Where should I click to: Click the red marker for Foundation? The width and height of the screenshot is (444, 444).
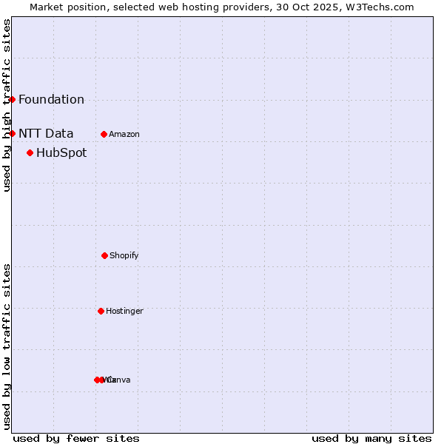click(12, 99)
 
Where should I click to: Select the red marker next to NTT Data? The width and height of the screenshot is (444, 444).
click(12, 133)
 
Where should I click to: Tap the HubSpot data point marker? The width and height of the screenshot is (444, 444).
click(30, 152)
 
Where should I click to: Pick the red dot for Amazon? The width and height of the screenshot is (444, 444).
click(104, 134)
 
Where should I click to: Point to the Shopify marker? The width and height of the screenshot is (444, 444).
click(104, 255)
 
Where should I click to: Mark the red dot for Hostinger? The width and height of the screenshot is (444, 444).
click(101, 311)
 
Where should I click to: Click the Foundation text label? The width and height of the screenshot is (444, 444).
click(51, 100)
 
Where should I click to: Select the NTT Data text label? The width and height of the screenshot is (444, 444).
click(46, 134)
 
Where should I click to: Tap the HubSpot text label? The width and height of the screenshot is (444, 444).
click(61, 153)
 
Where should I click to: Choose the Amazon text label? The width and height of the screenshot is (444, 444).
click(124, 135)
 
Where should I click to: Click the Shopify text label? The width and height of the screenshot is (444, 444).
click(124, 256)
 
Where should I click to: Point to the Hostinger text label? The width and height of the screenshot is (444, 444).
click(124, 312)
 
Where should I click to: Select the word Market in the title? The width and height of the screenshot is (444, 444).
click(47, 7)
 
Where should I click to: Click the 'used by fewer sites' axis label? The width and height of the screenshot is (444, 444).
click(76, 438)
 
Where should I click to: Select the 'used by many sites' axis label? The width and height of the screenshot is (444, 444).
click(371, 438)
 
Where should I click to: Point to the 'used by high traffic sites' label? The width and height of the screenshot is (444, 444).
click(7, 105)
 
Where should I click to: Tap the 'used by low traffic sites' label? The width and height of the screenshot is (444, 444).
click(7, 346)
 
